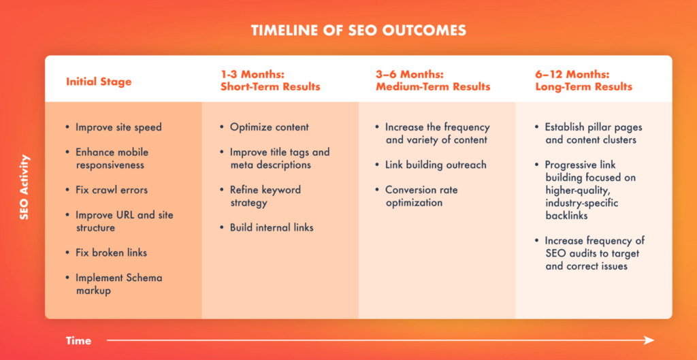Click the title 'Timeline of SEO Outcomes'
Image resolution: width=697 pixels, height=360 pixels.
(x=358, y=30)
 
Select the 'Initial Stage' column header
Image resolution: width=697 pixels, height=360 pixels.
(x=99, y=82)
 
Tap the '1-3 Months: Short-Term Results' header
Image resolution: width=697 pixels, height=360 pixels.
(x=270, y=80)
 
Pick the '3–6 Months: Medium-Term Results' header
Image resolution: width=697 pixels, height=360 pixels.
(x=433, y=80)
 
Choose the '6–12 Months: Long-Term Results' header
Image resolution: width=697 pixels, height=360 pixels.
(x=584, y=80)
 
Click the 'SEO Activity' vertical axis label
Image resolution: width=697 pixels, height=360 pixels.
(x=25, y=186)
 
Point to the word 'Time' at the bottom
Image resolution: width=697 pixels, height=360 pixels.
(x=79, y=341)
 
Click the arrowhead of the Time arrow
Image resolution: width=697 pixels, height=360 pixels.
(x=649, y=340)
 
